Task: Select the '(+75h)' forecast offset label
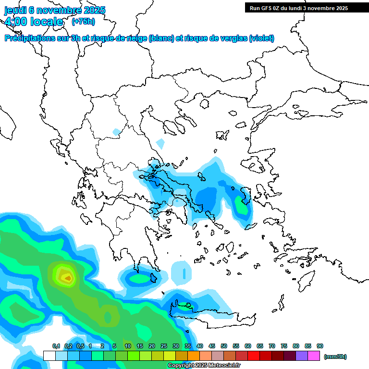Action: pyautogui.click(x=83, y=21)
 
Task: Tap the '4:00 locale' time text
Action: pyautogui.click(x=34, y=22)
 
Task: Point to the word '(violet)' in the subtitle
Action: pyautogui.click(x=261, y=38)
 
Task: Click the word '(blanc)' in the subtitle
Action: pyautogui.click(x=161, y=38)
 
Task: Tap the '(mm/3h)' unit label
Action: pyautogui.click(x=335, y=357)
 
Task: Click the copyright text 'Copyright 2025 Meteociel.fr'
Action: pyautogui.click(x=204, y=366)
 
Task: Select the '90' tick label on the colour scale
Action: pyautogui.click(x=320, y=346)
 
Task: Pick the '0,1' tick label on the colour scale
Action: pyautogui.click(x=56, y=346)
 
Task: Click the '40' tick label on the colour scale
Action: pyautogui.click(x=199, y=346)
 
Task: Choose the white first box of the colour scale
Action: pyautogui.click(x=49, y=356)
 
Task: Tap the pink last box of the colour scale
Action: pyautogui.click(x=314, y=356)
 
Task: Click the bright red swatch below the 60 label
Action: pyautogui.click(x=254, y=356)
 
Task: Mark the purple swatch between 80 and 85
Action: pyautogui.click(x=302, y=356)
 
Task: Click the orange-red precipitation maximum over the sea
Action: pyautogui.click(x=68, y=277)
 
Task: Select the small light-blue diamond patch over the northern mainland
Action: pyautogui.click(x=160, y=143)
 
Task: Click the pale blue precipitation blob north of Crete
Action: pyautogui.click(x=181, y=272)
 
